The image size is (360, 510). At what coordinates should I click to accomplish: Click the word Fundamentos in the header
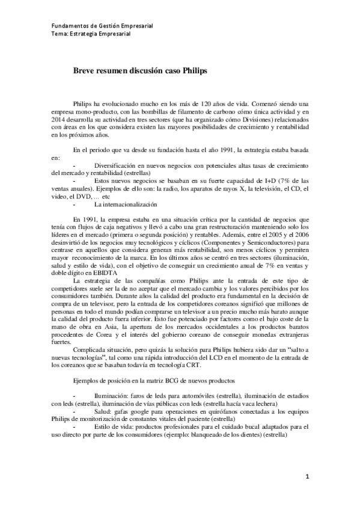tap(67, 26)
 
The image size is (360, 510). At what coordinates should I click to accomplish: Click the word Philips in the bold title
tap(194, 70)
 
